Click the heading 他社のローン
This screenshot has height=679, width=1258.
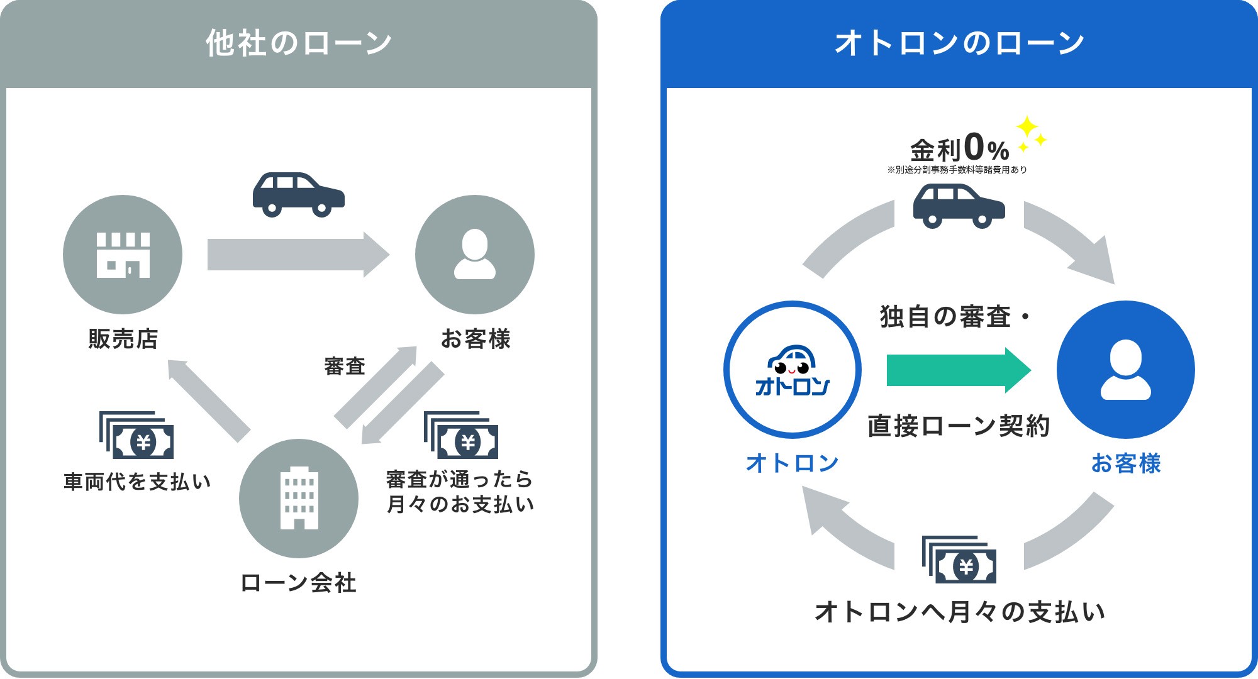299,43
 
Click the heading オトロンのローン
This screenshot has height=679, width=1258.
959,43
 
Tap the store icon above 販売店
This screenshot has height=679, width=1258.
123,255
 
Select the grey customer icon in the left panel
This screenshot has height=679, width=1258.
475,255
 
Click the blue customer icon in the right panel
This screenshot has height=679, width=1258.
1125,370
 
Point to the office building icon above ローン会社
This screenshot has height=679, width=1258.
299,498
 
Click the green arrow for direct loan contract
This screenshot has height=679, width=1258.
957,370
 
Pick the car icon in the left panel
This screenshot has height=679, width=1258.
299,194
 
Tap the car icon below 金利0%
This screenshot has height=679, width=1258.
959,206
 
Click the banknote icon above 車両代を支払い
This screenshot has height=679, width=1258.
136,435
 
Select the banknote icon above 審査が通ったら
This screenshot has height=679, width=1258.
461,435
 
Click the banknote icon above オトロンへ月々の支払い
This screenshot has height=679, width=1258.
959,560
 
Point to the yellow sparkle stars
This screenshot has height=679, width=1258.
1030,133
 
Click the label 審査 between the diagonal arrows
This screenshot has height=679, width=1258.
345,366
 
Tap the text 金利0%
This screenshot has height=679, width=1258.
959,149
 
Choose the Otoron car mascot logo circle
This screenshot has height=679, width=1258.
793,370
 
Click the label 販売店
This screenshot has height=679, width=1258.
123,339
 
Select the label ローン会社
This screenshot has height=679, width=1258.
299,583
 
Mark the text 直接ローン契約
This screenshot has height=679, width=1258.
959,426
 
